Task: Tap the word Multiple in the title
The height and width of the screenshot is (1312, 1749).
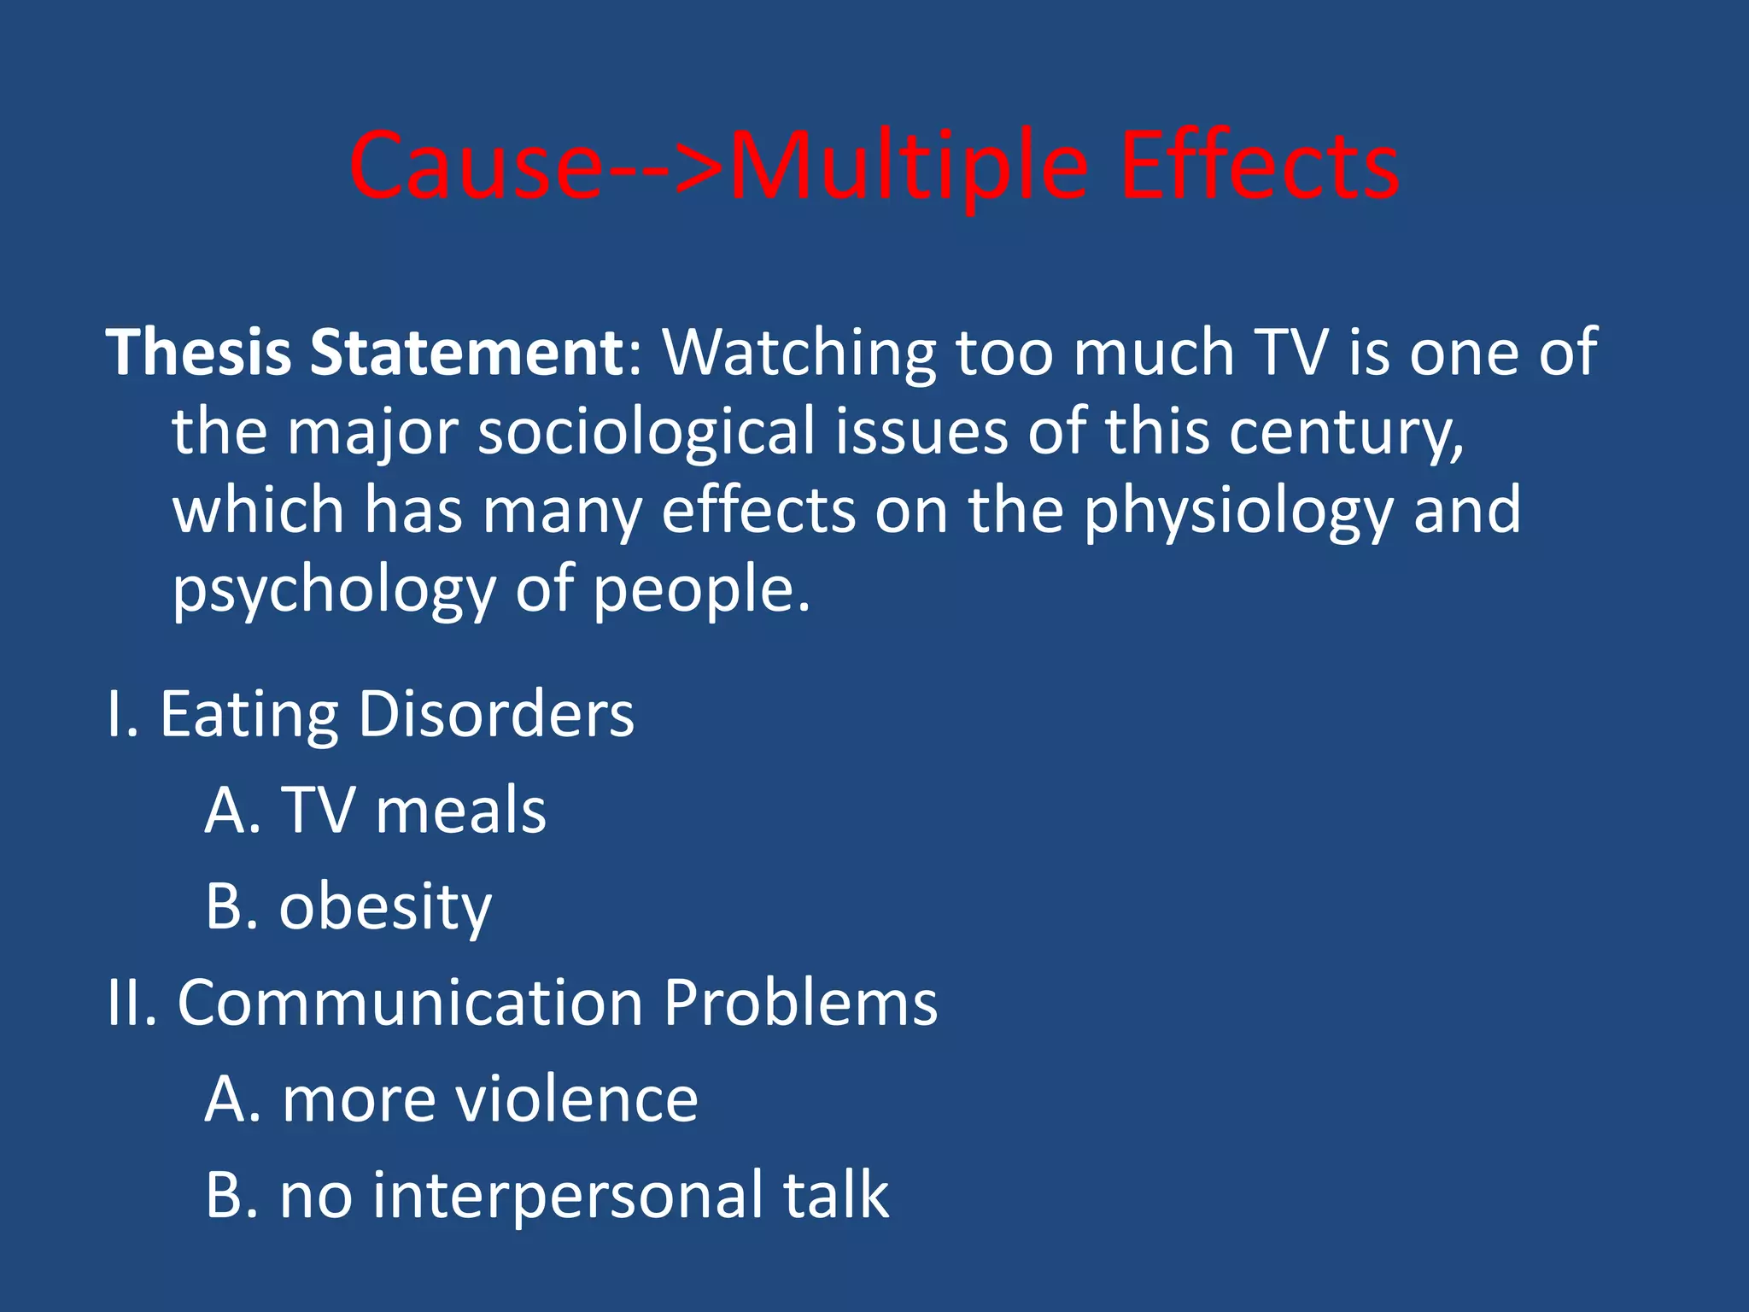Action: pyautogui.click(x=909, y=167)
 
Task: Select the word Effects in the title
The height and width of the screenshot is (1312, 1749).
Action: pyautogui.click(x=1259, y=167)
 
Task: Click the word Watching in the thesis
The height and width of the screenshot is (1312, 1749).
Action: pyautogui.click(x=799, y=352)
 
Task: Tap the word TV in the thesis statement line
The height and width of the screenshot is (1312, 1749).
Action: pyautogui.click(x=1291, y=352)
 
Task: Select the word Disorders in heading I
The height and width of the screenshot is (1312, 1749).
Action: pyautogui.click(x=496, y=714)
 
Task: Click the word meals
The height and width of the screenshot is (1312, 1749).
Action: pyautogui.click(x=461, y=810)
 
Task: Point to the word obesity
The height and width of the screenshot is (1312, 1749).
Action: pyautogui.click(x=385, y=907)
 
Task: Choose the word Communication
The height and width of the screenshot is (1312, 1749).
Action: pyautogui.click(x=410, y=1003)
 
